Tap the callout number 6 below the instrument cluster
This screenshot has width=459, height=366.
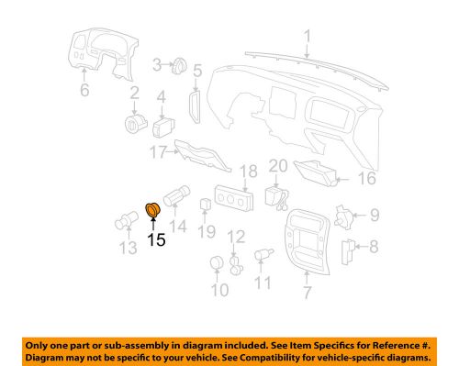click(84, 91)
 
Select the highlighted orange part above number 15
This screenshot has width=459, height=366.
click(152, 213)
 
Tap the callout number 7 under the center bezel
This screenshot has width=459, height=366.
click(307, 293)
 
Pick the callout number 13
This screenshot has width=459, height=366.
click(126, 249)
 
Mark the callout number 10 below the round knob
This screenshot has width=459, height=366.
click(218, 292)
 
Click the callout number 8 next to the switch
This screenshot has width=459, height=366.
click(373, 246)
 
